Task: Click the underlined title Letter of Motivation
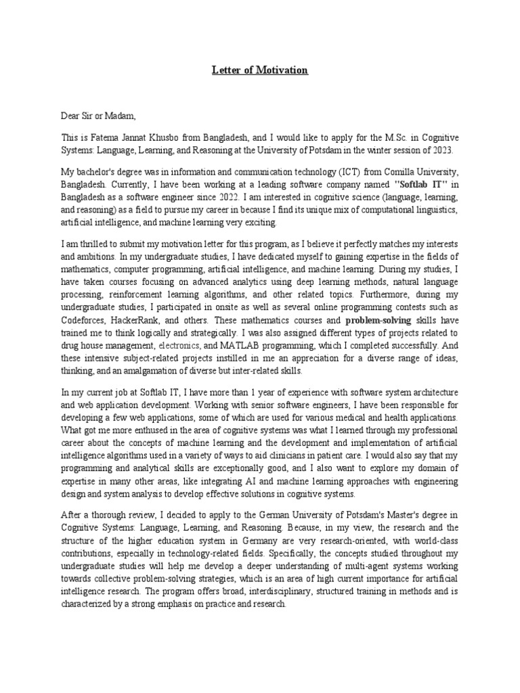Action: coord(260,70)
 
